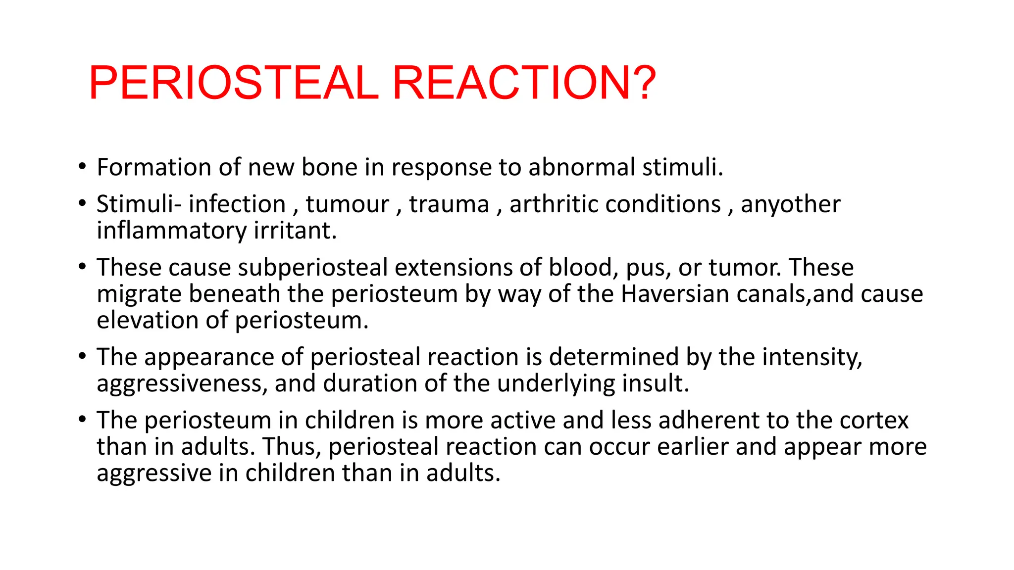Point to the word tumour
[x=347, y=204]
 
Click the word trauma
[x=449, y=204]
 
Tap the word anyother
[x=790, y=204]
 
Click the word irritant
[x=295, y=231]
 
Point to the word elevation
[x=147, y=320]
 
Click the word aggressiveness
[x=182, y=384]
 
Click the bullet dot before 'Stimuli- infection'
[x=82, y=203]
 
